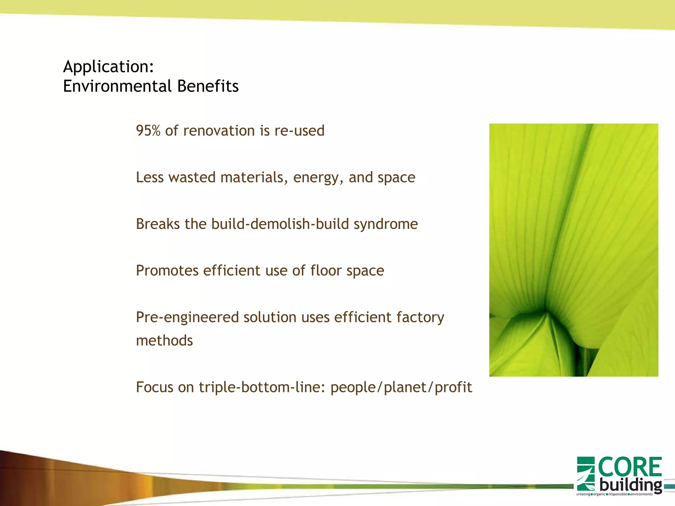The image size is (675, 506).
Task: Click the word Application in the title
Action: (x=106, y=67)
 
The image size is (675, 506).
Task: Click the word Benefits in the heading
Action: (x=208, y=86)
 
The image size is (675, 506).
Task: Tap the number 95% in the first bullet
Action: (x=148, y=131)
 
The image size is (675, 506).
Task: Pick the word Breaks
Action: (x=158, y=224)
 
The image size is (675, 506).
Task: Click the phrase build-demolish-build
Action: (x=280, y=224)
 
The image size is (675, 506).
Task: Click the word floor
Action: (x=326, y=271)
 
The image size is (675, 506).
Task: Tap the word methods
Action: (x=164, y=341)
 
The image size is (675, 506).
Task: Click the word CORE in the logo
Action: (x=630, y=467)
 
